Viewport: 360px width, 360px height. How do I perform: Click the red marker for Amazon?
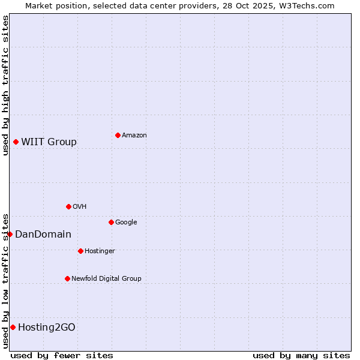tap(118, 135)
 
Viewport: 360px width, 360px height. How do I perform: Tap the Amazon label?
tap(134, 136)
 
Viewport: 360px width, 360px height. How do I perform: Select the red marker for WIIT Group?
tap(16, 142)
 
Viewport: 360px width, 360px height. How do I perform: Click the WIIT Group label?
tap(49, 142)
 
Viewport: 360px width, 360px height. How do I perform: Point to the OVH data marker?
tap(68, 206)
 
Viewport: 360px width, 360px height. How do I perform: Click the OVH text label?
tap(80, 207)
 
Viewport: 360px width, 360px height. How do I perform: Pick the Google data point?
tap(111, 222)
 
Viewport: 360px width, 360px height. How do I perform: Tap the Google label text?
tap(126, 223)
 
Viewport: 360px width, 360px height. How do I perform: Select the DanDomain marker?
tap(10, 234)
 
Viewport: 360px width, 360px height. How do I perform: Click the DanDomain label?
tap(43, 235)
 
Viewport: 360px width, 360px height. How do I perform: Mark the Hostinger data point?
tap(80, 251)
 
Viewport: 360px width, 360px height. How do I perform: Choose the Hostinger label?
tap(100, 251)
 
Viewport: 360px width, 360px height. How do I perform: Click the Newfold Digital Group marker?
tap(67, 278)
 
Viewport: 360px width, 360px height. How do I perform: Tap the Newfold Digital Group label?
tap(106, 279)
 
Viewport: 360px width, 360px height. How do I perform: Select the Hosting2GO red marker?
tap(13, 327)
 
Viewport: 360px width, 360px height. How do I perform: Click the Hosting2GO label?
tap(47, 328)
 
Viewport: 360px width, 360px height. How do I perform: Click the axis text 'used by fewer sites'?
tap(62, 355)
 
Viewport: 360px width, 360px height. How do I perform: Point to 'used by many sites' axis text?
tap(301, 355)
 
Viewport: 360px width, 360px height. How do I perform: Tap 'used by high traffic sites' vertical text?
tap(5, 85)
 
